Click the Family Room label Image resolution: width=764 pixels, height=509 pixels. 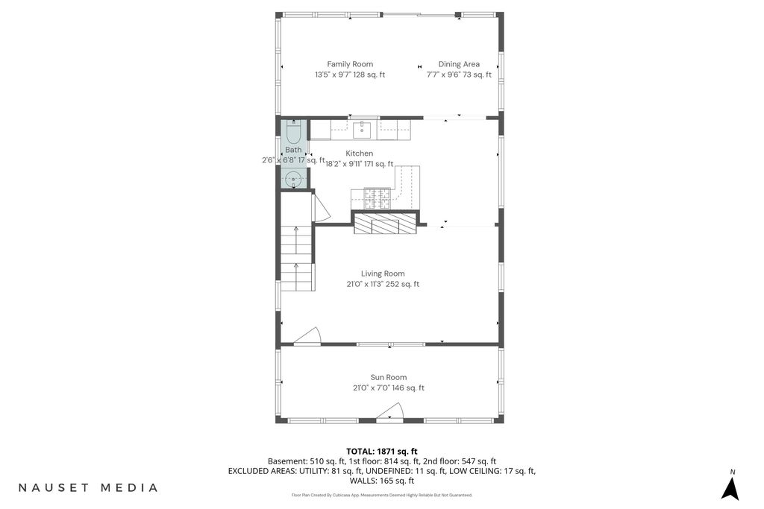click(x=350, y=64)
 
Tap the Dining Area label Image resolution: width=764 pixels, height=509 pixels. click(x=459, y=64)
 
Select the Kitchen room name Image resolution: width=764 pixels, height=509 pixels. click(x=360, y=154)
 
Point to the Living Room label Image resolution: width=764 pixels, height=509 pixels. click(x=383, y=274)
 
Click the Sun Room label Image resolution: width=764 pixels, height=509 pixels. click(x=388, y=377)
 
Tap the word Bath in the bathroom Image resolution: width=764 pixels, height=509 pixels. click(x=293, y=150)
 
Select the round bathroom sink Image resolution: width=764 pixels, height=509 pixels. click(x=293, y=180)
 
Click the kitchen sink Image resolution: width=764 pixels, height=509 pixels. click(x=362, y=130)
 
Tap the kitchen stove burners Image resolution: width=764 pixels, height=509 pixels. click(x=378, y=198)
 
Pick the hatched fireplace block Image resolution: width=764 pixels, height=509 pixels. click(x=385, y=224)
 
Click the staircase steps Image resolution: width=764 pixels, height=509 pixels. click(x=296, y=259)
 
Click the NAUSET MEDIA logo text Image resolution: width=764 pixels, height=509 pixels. click(x=88, y=487)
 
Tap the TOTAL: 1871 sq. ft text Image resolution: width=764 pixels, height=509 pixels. click(x=381, y=452)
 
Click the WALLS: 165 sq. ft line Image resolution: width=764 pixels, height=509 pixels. click(x=381, y=481)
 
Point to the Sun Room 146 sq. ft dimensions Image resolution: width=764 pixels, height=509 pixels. click(x=389, y=388)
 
